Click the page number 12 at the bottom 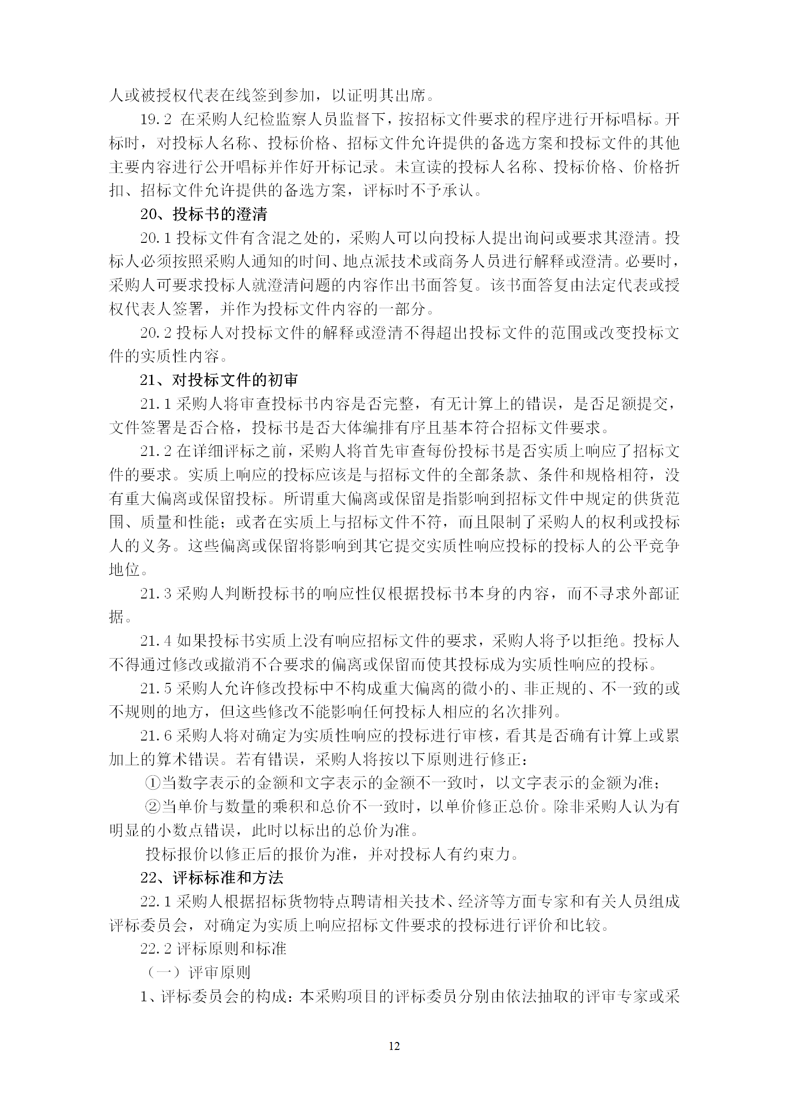(394, 1046)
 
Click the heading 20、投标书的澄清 (204, 214)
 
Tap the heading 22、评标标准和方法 (212, 877)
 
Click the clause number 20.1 (155, 238)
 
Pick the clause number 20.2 (155, 333)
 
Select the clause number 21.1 (155, 404)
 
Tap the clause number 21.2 (155, 451)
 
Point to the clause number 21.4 (155, 641)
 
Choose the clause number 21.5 (155, 688)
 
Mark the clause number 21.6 (155, 736)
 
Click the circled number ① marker (152, 783)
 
